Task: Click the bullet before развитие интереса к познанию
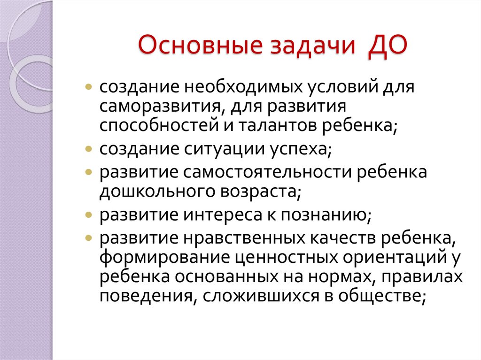click(x=89, y=215)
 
